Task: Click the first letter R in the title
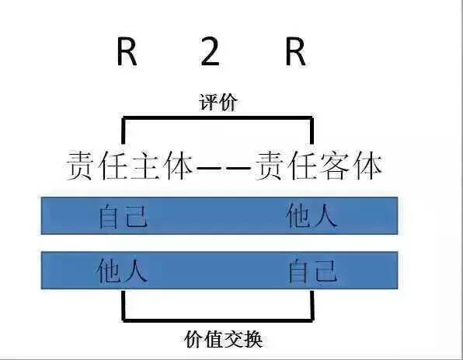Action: tap(127, 52)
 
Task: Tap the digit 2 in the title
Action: tap(210, 52)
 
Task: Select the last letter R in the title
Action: tap(295, 52)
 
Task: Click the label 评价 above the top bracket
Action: tap(218, 103)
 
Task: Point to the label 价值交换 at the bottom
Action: tap(223, 340)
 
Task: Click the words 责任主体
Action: tap(129, 166)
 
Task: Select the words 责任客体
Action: tap(319, 166)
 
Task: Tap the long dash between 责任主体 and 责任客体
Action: tap(224, 168)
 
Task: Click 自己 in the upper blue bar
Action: tap(123, 216)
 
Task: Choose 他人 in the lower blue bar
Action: tap(122, 270)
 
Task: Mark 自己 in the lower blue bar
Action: tap(312, 271)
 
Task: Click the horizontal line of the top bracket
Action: tap(218, 118)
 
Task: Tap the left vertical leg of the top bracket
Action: tap(124, 131)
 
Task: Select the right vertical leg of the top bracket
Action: tap(312, 131)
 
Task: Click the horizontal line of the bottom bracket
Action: tap(218, 320)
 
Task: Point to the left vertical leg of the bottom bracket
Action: tap(124, 306)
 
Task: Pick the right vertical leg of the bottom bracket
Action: tap(312, 306)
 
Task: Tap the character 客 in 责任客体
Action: tap(334, 166)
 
